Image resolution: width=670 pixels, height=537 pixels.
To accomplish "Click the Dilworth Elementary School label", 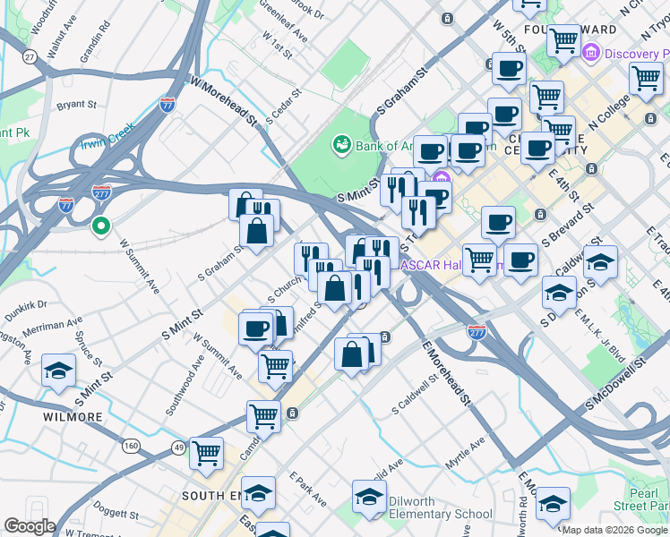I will click(x=442, y=514).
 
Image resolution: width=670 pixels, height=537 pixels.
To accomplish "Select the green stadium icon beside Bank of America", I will click(x=341, y=142).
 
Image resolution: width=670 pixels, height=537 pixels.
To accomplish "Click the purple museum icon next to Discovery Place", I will click(x=590, y=55).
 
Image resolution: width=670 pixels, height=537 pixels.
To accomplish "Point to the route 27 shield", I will click(x=30, y=56).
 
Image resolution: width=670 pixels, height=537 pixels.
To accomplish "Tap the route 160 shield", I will click(x=132, y=446).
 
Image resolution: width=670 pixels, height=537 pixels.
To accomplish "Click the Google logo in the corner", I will click(x=30, y=526).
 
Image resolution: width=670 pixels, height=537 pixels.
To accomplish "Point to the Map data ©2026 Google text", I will click(x=614, y=530).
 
